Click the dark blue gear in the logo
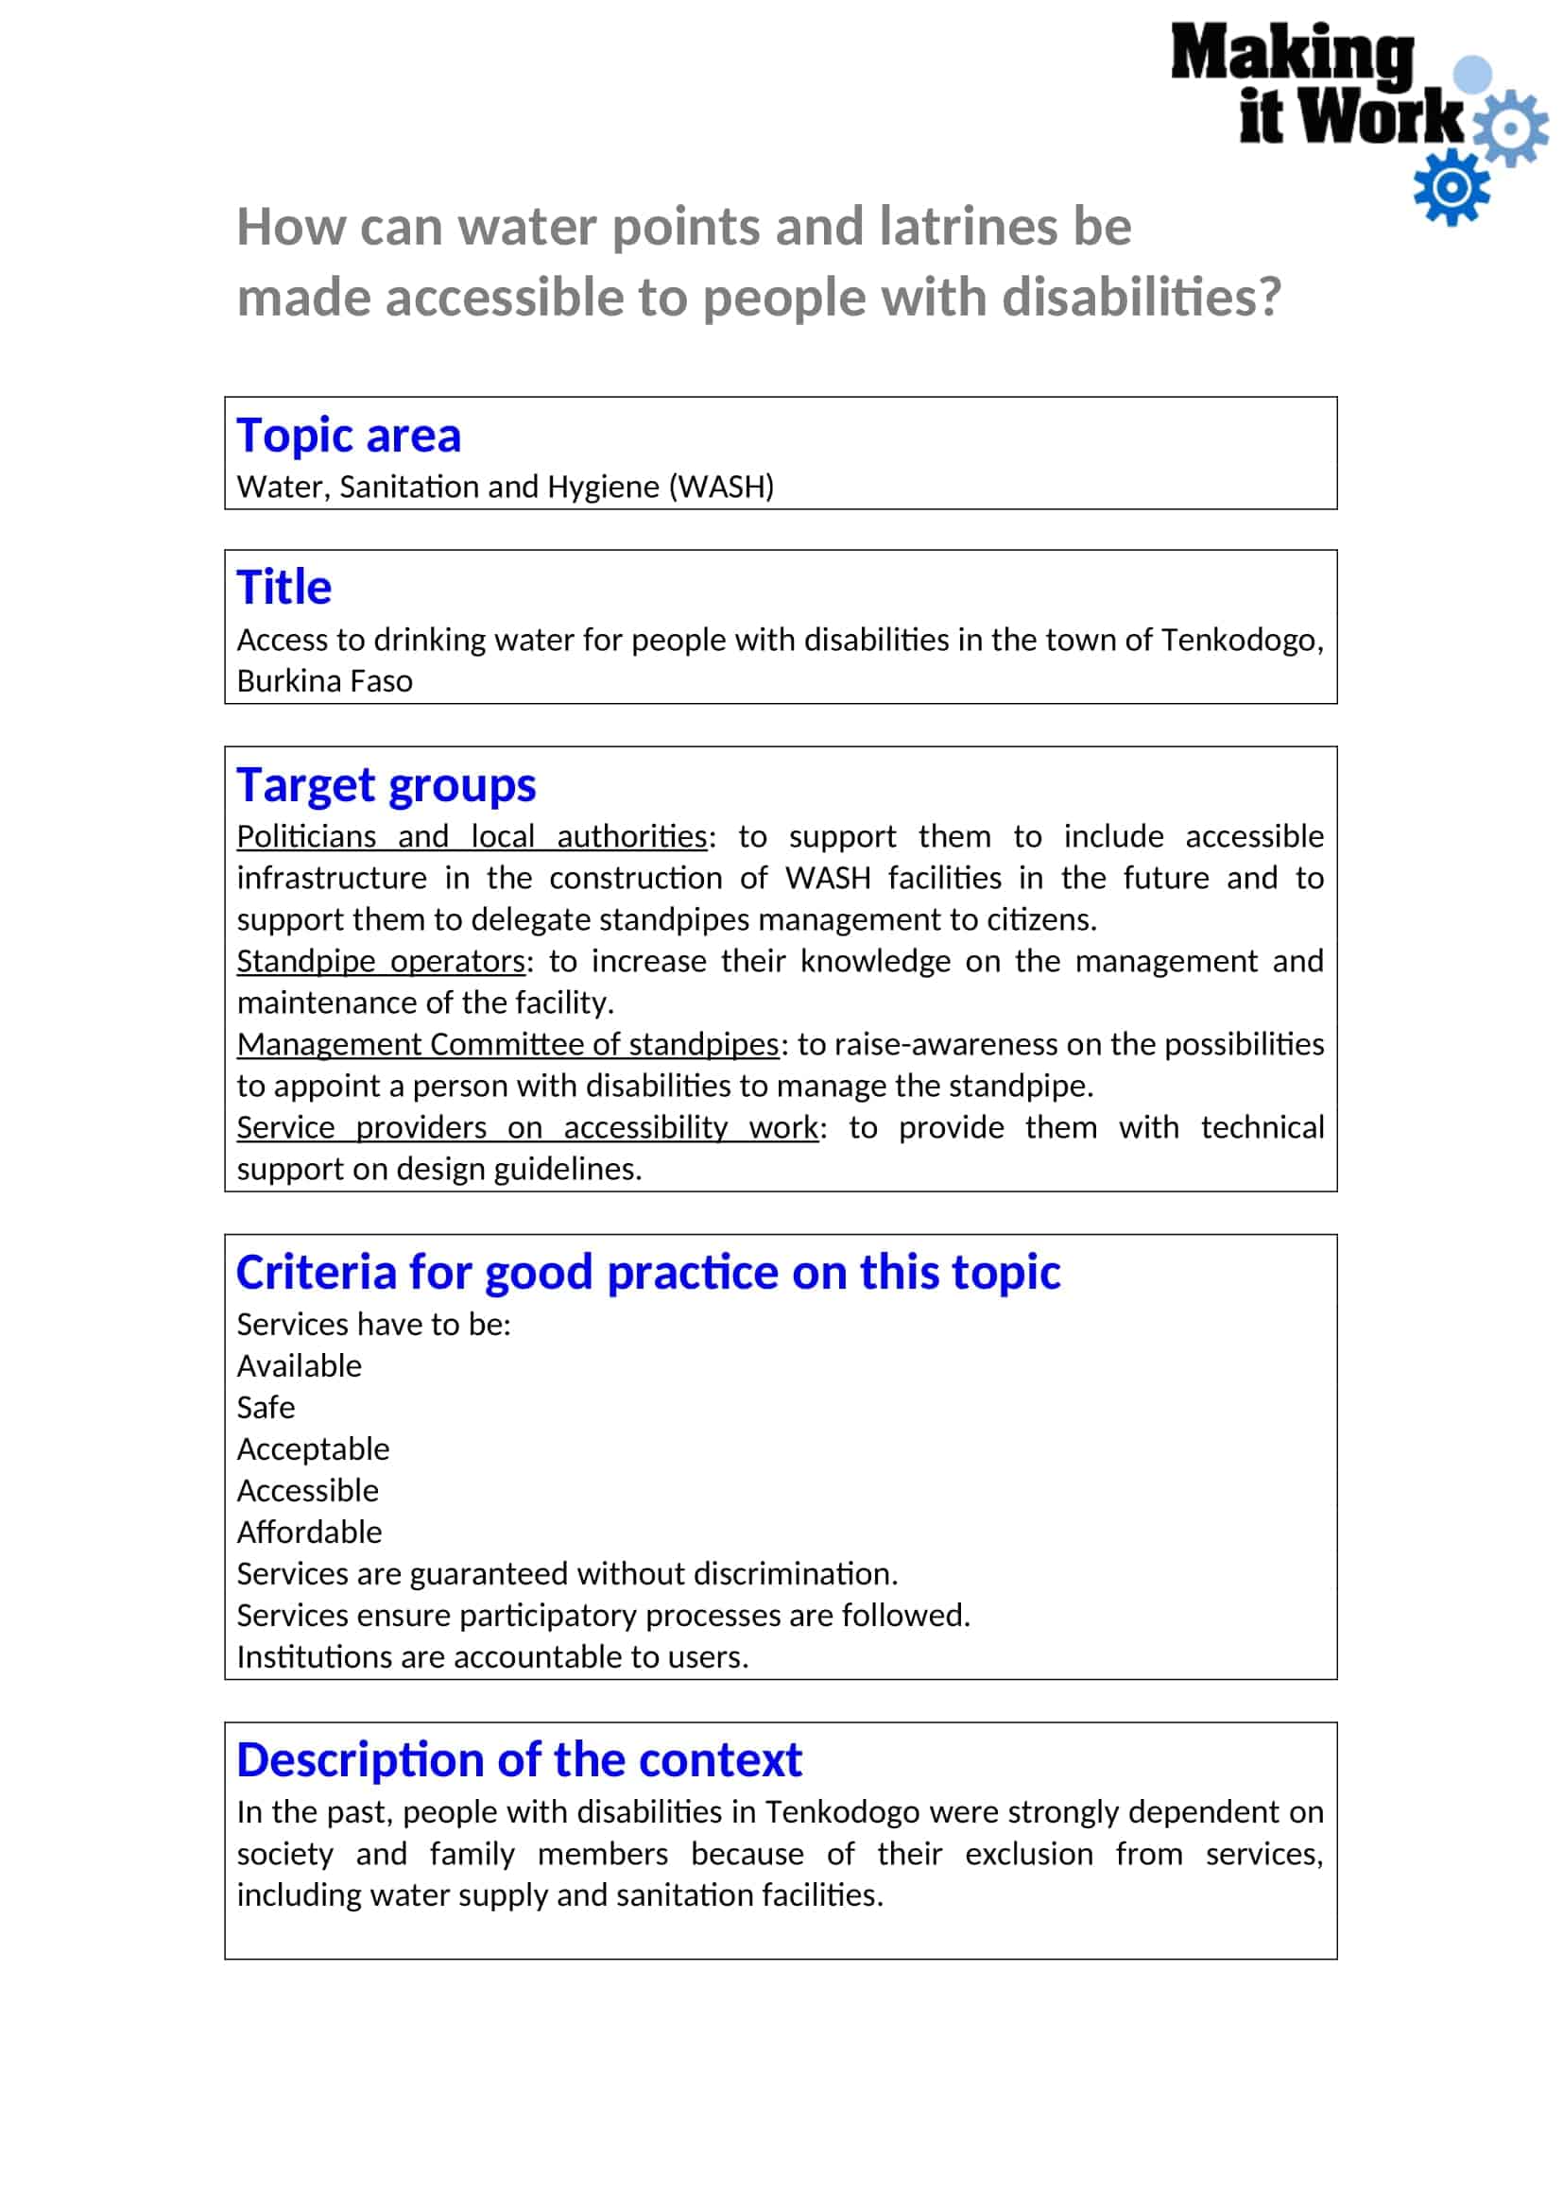[1451, 188]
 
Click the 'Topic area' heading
[349, 435]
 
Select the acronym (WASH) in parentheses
[721, 487]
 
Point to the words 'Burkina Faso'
[324, 680]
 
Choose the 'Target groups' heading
[386, 784]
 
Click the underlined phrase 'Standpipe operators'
[381, 961]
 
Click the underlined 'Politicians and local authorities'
[472, 835]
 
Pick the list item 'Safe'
[266, 1407]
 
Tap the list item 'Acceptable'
[313, 1448]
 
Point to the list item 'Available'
[300, 1366]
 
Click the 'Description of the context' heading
[519, 1759]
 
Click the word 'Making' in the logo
[1292, 55]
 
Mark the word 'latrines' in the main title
[968, 227]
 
